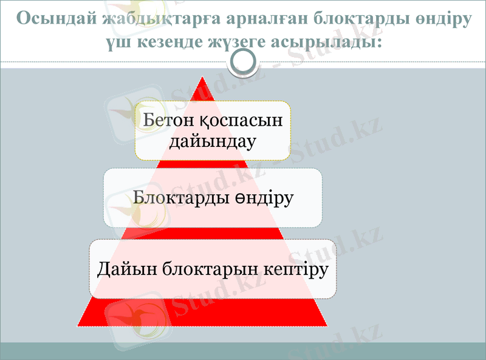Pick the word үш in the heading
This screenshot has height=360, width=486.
coord(114,42)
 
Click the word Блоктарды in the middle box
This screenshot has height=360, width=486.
coord(182,198)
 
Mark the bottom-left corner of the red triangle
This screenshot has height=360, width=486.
coord(78,325)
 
